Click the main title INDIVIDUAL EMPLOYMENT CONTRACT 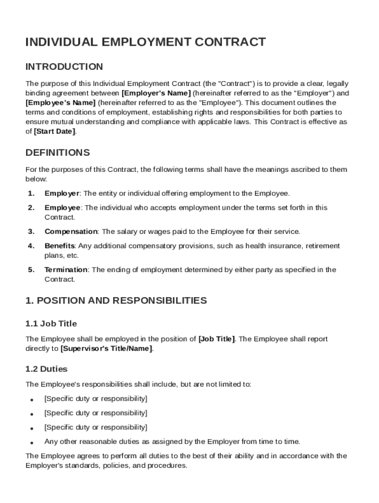point(146,42)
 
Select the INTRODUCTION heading point(64,67)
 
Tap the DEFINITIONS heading point(58,152)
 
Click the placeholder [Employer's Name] point(156,93)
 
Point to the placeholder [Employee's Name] point(61,103)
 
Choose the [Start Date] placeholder point(55,131)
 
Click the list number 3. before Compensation point(31,231)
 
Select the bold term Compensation point(71,231)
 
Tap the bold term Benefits point(59,246)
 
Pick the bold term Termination point(66,270)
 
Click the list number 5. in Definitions point(31,270)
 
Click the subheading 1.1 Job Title point(51,324)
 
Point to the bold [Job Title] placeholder point(217,339)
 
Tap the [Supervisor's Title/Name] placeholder point(106,349)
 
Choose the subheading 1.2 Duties point(47,369)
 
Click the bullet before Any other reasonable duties point(32,442)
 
